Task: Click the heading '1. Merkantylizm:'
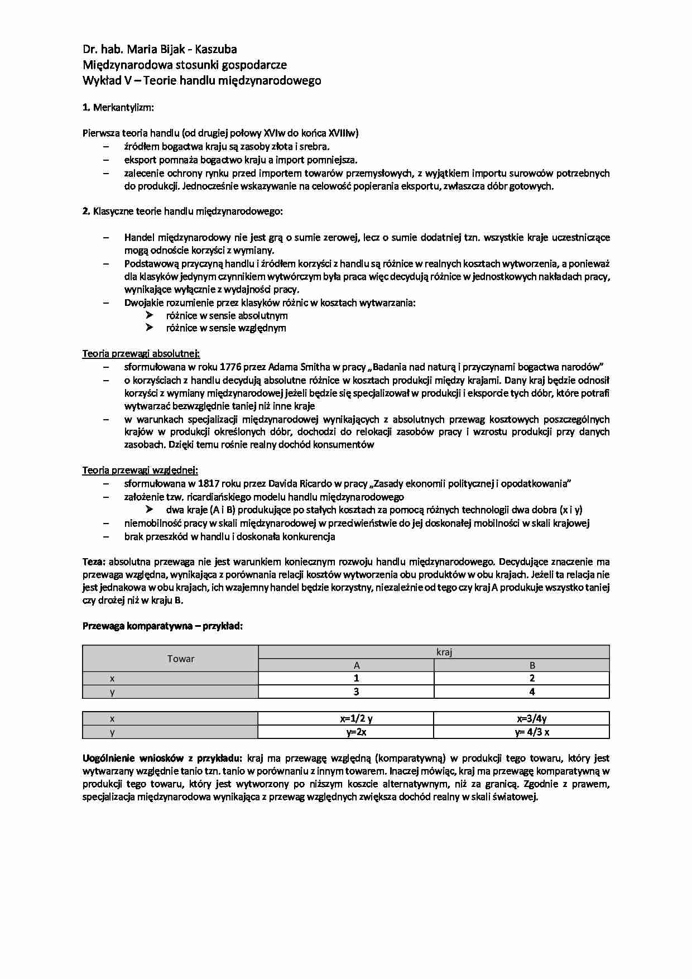[x=118, y=107]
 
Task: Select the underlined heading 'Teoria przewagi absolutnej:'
[x=141, y=353]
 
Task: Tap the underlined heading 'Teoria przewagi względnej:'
[x=140, y=470]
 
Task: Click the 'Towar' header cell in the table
[x=181, y=659]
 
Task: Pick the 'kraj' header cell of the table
[x=444, y=652]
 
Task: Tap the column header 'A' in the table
[x=356, y=665]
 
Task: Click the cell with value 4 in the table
[x=532, y=692]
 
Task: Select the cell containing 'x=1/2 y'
[x=356, y=719]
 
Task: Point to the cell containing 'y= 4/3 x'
[x=532, y=732]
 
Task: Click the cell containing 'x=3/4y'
[x=532, y=719]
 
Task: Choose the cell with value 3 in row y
[x=356, y=692]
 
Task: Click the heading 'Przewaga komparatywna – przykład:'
[x=162, y=626]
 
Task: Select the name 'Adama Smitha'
[x=299, y=367]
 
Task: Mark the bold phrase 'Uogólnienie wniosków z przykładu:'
[x=162, y=758]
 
